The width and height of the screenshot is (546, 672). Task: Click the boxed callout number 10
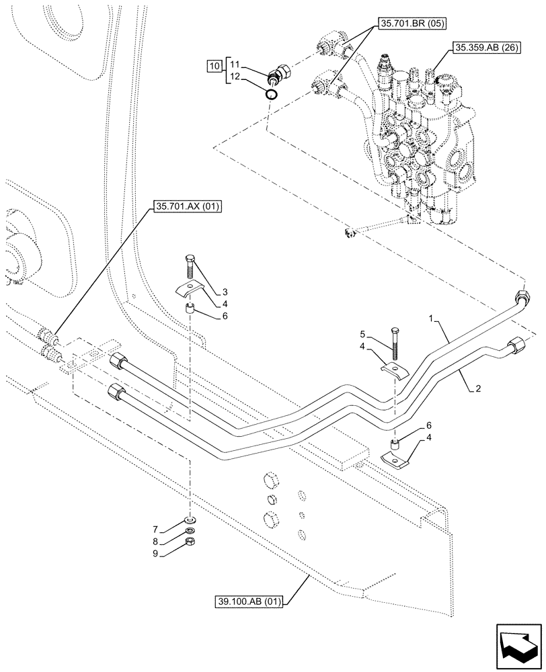coord(213,66)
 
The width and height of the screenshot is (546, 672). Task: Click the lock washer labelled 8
coord(191,530)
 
